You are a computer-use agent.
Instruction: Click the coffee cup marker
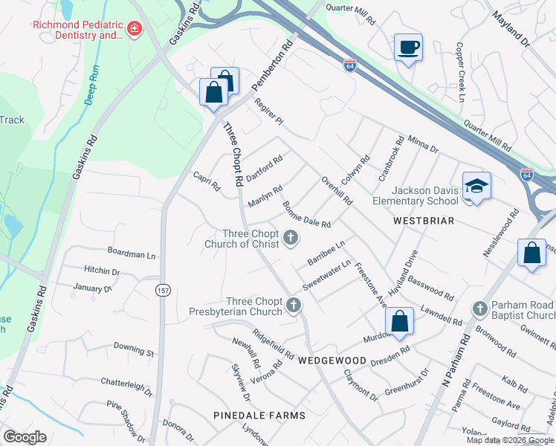click(408, 48)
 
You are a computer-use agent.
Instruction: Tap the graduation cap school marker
click(476, 187)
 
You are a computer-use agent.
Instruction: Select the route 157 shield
click(162, 291)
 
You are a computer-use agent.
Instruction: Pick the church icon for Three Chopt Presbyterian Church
click(295, 305)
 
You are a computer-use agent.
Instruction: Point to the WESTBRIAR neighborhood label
click(423, 222)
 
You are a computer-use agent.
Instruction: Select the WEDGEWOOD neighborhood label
click(332, 361)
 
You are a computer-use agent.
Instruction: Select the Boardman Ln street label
click(131, 255)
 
